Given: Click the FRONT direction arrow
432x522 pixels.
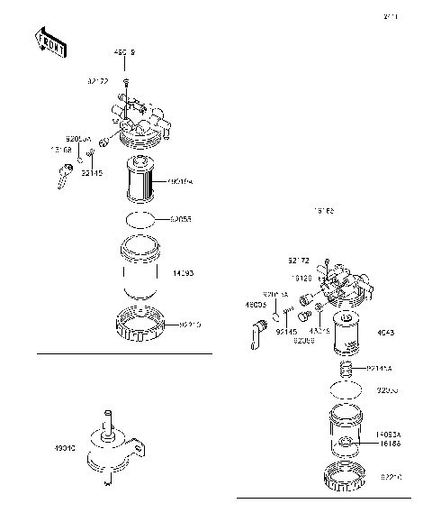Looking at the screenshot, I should coord(49,42).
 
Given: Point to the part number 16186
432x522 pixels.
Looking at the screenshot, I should coord(388,443).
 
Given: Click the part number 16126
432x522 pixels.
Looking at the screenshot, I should coord(301,279).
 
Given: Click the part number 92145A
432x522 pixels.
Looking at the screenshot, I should coord(380,368).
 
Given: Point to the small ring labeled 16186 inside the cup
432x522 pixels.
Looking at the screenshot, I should coord(346,443).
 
